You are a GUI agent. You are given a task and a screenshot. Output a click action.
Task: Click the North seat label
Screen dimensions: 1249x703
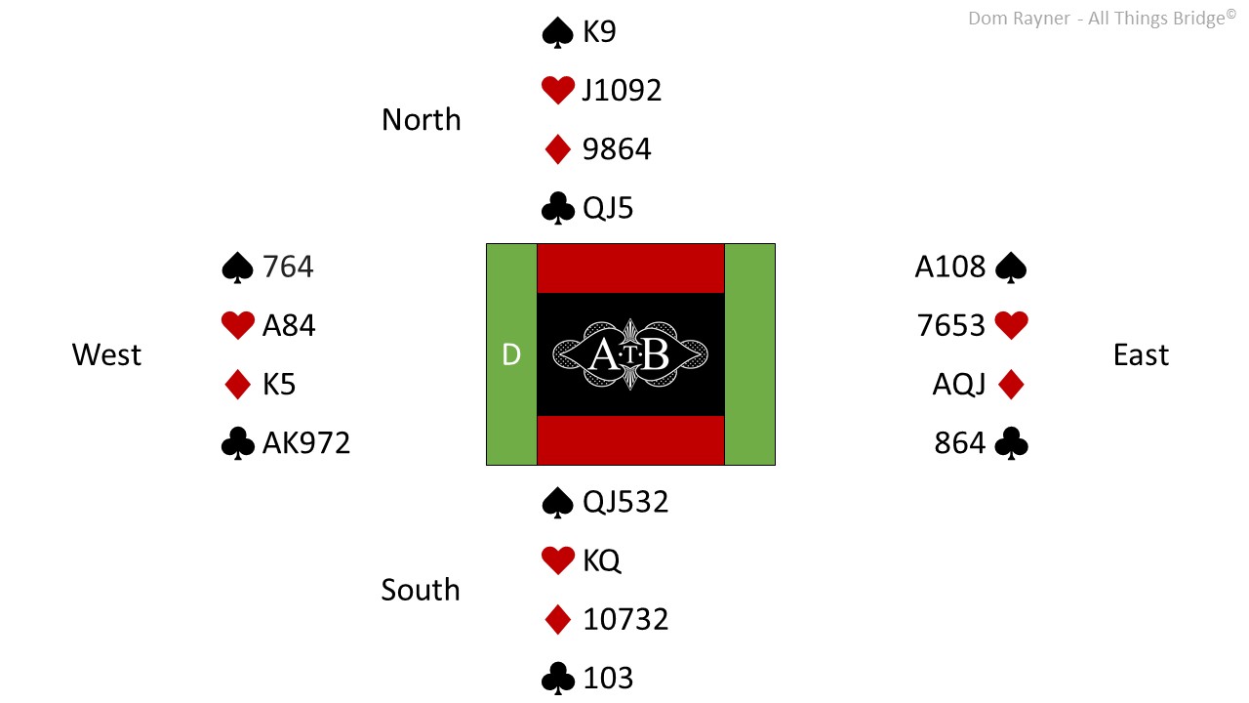coord(421,119)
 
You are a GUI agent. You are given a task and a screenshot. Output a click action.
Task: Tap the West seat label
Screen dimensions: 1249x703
coord(106,354)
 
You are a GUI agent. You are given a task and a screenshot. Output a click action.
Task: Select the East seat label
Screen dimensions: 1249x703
coord(1141,354)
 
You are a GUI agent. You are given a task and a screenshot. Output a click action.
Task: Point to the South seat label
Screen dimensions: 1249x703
coord(421,589)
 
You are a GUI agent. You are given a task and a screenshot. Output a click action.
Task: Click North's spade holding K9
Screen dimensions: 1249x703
coord(599,31)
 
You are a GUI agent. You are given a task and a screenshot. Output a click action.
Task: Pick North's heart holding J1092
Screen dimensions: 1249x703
coord(622,90)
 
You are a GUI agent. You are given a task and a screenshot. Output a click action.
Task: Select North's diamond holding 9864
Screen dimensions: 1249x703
coord(617,149)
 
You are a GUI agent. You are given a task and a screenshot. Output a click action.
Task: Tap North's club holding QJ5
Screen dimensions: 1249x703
coord(608,208)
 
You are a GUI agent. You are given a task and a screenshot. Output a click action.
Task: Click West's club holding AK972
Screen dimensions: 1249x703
coord(306,443)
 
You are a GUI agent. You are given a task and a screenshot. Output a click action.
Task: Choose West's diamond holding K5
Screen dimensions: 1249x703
coord(279,384)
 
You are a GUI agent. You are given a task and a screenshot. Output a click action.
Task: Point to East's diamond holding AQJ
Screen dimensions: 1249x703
coord(959,384)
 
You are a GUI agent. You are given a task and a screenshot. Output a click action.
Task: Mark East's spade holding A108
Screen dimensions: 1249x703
coord(950,267)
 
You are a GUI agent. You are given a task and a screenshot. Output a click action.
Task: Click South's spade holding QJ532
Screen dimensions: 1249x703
coord(625,502)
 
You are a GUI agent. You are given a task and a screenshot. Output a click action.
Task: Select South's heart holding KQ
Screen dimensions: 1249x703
coord(601,560)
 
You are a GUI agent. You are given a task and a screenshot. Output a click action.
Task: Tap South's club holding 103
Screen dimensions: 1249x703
coord(608,678)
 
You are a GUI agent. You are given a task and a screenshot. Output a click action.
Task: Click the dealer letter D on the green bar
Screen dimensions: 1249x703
coord(511,354)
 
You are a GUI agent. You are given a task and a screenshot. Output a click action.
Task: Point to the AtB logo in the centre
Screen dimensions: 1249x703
coord(630,354)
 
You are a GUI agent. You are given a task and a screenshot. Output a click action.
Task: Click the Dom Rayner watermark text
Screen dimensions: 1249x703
coord(1102,18)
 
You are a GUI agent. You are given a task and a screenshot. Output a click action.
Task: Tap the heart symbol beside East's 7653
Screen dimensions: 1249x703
coord(1012,325)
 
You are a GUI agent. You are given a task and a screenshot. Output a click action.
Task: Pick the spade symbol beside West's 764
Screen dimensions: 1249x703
coord(237,268)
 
